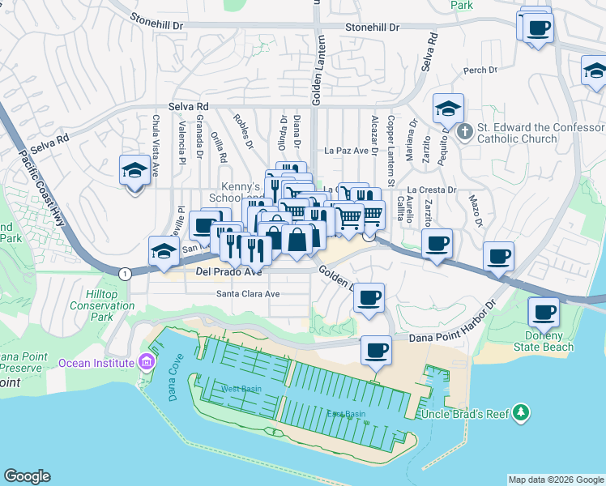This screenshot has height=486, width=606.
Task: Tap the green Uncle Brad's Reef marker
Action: click(520, 413)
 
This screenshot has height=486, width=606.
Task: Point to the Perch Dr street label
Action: click(480, 70)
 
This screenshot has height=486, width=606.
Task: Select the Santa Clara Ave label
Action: click(248, 294)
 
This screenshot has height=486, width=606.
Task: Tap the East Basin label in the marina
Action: click(346, 415)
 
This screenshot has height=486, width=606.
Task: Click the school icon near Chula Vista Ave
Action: click(134, 171)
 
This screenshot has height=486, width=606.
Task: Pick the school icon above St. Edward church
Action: click(448, 109)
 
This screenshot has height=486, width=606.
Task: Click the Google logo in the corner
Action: click(28, 476)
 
